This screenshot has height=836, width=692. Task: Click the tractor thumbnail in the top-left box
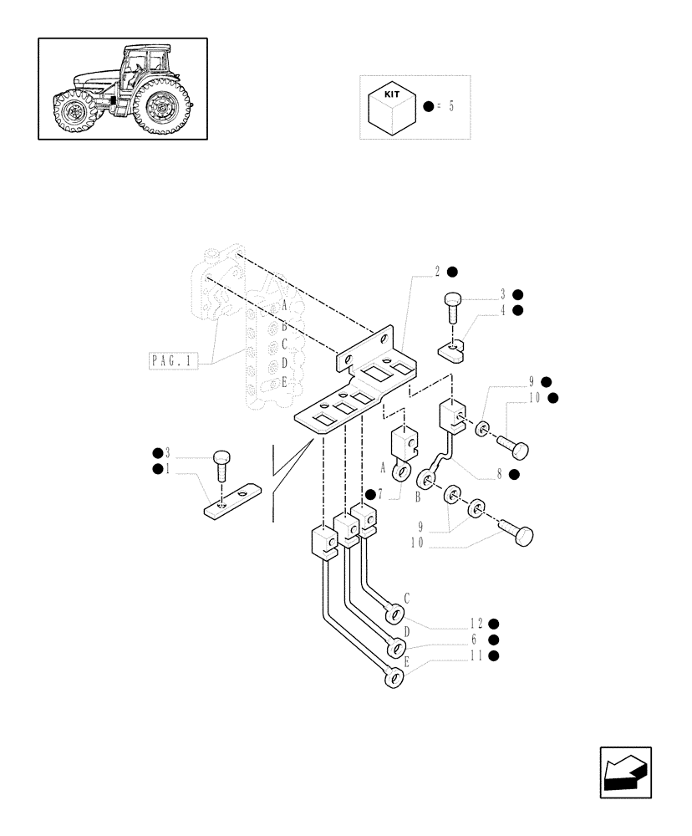tap(122, 88)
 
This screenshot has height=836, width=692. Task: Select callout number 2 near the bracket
tap(437, 271)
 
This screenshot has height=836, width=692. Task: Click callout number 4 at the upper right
tap(503, 310)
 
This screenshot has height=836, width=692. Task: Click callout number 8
tap(500, 474)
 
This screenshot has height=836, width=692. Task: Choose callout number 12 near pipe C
tap(476, 623)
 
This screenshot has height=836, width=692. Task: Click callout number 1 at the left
tap(168, 469)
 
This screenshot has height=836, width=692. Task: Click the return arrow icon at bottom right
tap(624, 772)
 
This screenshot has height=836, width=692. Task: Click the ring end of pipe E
tap(392, 680)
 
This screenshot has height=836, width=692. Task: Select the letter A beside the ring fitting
tap(384, 466)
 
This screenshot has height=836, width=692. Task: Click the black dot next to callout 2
tap(452, 271)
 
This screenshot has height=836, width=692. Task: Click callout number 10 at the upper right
tap(535, 398)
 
